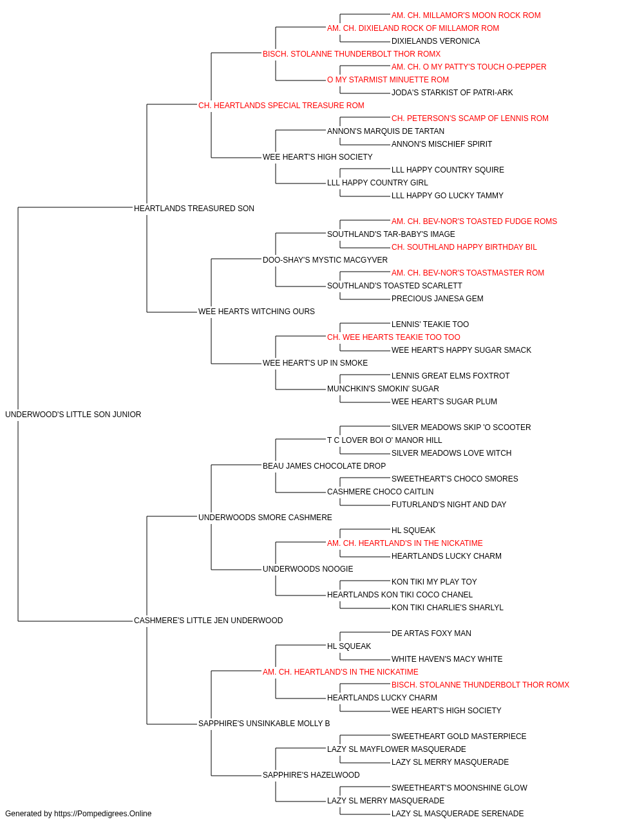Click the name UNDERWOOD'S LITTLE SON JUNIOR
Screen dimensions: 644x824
73,415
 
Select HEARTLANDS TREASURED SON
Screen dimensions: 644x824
194,208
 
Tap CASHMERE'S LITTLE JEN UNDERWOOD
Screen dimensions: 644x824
208,621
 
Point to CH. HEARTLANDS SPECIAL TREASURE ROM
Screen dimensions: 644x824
281,106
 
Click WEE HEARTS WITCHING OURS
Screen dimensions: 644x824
256,312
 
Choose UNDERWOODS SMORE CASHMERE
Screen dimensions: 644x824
265,517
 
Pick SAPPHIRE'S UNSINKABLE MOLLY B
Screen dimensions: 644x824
264,724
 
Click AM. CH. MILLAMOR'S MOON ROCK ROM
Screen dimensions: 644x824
466,15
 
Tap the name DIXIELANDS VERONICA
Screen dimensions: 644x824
435,41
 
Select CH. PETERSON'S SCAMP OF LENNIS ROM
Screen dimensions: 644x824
470,118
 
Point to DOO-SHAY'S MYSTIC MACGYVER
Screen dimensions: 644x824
325,259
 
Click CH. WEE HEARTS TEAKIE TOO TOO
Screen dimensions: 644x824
393,337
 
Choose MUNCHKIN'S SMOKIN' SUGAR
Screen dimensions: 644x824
383,389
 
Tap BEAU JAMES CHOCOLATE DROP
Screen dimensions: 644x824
325,465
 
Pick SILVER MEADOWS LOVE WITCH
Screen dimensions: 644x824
451,453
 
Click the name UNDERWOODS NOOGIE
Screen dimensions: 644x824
308,569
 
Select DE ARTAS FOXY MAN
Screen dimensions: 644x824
431,633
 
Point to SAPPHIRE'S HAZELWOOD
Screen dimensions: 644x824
311,774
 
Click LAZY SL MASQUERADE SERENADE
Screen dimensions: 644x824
457,814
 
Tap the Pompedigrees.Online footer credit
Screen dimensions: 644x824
78,814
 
